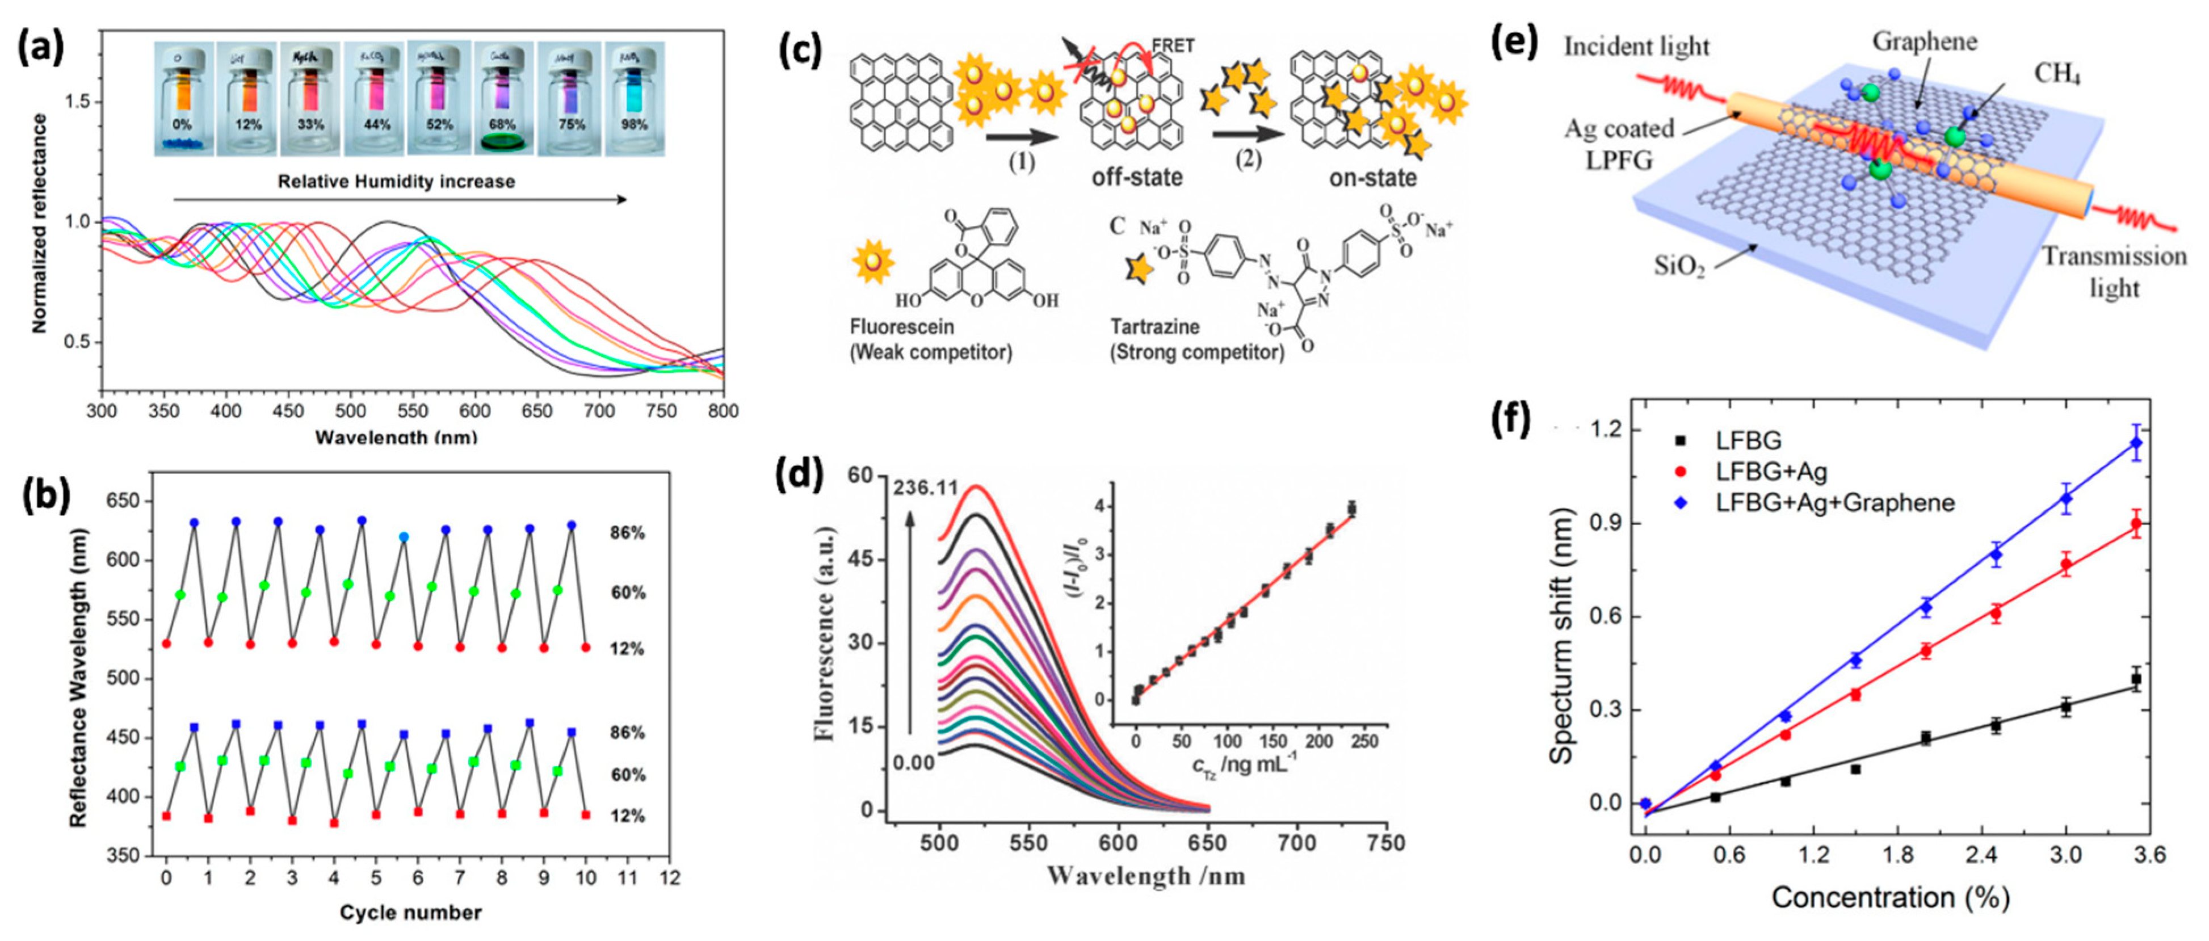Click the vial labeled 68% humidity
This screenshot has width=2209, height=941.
pos(503,99)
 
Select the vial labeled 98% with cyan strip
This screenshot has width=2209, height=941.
pos(634,99)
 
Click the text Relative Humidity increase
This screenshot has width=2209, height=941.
pos(396,182)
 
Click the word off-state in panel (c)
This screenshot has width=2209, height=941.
pos(1136,178)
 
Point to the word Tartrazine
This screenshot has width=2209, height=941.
pos(1154,327)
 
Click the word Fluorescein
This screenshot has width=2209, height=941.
pos(901,327)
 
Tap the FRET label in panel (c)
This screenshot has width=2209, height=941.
pos(1172,45)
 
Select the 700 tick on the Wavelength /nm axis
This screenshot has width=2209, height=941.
pos(1296,843)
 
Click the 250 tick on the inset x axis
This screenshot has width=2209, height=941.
pos(1365,741)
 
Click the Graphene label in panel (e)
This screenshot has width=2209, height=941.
pos(1924,41)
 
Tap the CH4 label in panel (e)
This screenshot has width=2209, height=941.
pos(2058,74)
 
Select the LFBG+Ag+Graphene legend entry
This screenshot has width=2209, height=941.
pos(1835,503)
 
